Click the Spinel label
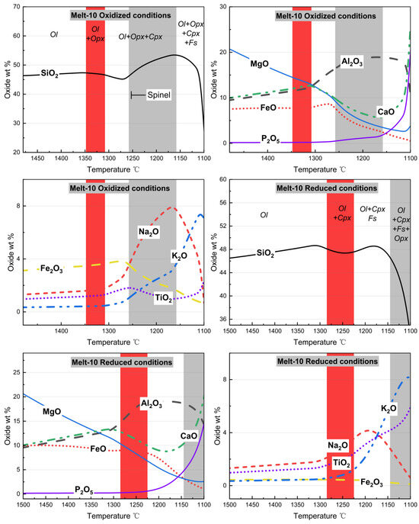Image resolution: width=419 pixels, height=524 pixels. pyautogui.click(x=159, y=95)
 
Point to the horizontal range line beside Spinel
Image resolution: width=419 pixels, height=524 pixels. pyautogui.click(x=138, y=95)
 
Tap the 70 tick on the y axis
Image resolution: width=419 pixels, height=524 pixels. pyautogui.click(x=16, y=7)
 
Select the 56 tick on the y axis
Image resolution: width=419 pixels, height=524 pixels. pyautogui.click(x=222, y=203)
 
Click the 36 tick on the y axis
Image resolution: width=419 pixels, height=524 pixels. pyautogui.click(x=222, y=319)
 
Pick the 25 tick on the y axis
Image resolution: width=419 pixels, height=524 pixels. pyautogui.click(x=16, y=372)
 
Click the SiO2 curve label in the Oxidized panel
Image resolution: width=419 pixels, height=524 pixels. pyautogui.click(x=50, y=73)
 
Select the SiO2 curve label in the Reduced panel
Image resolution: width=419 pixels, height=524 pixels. pyautogui.click(x=265, y=253)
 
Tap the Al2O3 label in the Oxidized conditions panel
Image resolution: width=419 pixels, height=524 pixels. pyautogui.click(x=352, y=62)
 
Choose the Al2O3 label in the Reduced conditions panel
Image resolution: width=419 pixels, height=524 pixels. pyautogui.click(x=152, y=403)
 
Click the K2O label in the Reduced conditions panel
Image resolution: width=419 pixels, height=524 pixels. pyautogui.click(x=389, y=409)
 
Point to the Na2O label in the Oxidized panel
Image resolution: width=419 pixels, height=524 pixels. pyautogui.click(x=149, y=232)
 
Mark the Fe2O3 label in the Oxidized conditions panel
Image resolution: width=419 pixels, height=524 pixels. pyautogui.click(x=51, y=268)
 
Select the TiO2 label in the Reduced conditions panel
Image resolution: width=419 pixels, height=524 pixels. pyautogui.click(x=341, y=463)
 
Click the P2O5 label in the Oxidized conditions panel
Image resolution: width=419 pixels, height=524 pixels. pyautogui.click(x=270, y=139)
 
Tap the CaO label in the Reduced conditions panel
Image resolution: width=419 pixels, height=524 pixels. pyautogui.click(x=189, y=436)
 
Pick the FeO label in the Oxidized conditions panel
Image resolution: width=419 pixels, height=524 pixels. pyautogui.click(x=268, y=108)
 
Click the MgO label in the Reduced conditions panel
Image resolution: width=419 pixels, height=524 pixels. pyautogui.click(x=52, y=411)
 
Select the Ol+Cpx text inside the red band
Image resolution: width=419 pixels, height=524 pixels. pyautogui.click(x=342, y=214)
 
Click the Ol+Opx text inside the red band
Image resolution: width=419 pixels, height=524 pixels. pyautogui.click(x=95, y=34)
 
